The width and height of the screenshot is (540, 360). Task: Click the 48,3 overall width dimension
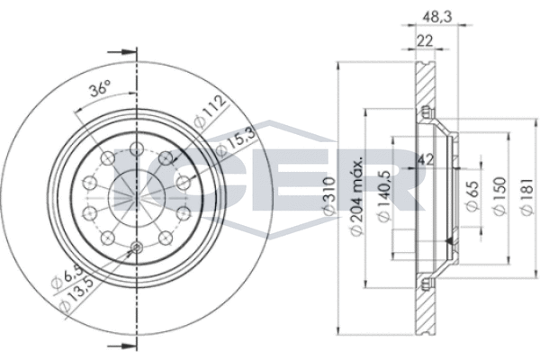tap(435, 15)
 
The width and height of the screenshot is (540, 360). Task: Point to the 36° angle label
tap(101, 89)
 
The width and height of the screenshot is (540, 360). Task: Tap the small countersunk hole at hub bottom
tap(136, 248)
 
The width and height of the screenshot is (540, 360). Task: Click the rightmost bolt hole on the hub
tap(184, 182)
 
